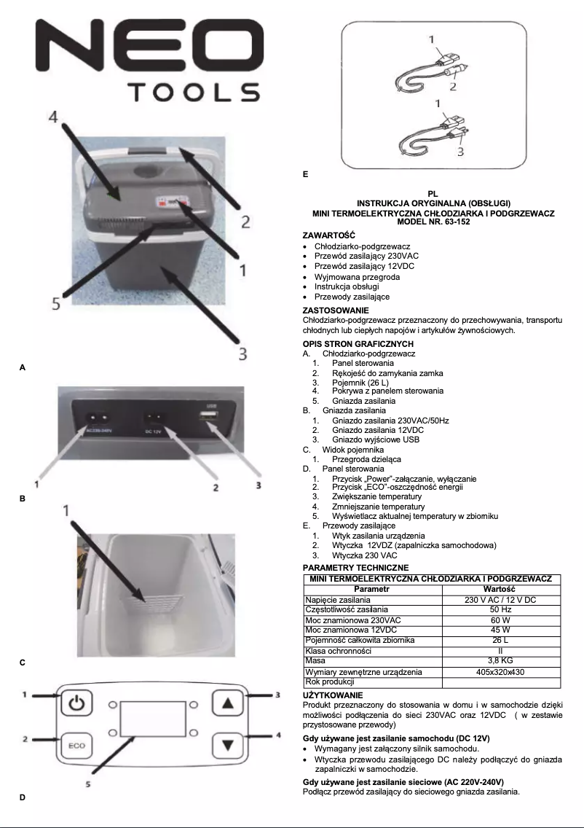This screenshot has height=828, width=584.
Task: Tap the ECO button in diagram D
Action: (x=76, y=746)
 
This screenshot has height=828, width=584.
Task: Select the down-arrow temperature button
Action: (x=229, y=745)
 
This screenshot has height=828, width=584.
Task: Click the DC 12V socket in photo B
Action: (x=154, y=419)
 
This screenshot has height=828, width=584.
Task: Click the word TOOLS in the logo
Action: (x=194, y=93)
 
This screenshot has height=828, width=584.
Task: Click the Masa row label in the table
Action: (x=315, y=660)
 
